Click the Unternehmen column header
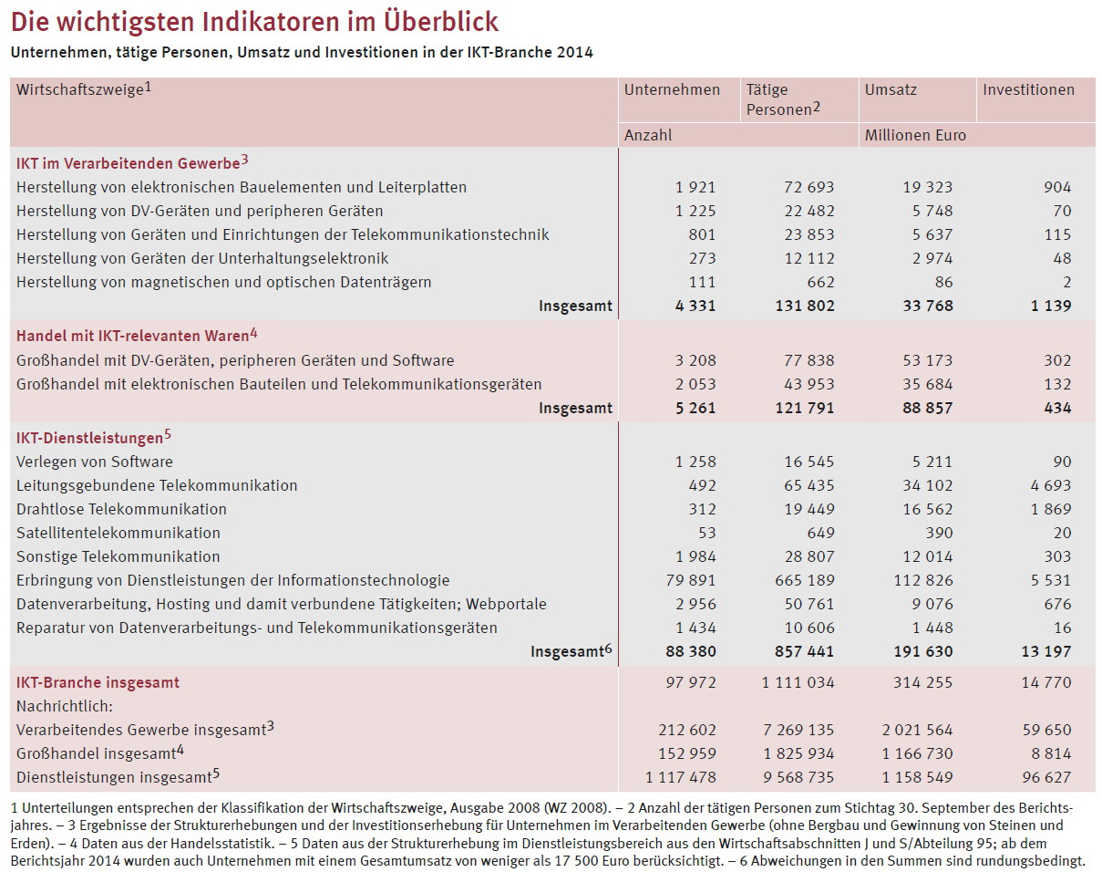click(x=672, y=89)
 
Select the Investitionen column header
click(x=1028, y=89)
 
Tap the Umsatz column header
click(x=891, y=89)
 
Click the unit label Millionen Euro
click(x=915, y=135)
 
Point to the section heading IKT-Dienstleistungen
click(x=89, y=438)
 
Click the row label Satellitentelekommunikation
click(x=118, y=533)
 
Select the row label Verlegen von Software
click(x=95, y=462)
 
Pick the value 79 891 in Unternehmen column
click(x=689, y=580)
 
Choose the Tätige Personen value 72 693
click(x=808, y=187)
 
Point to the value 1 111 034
click(x=798, y=682)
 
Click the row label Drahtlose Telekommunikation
click(x=121, y=509)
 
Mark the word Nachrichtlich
click(x=62, y=706)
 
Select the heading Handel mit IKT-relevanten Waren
click(x=132, y=336)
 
